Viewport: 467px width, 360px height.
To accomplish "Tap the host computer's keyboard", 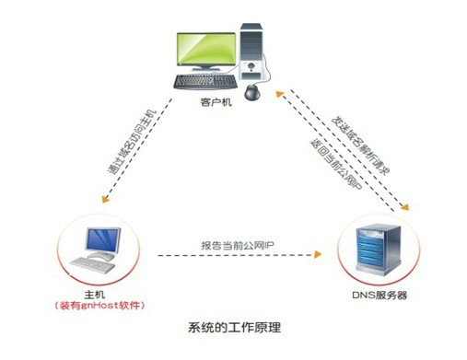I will [102, 264].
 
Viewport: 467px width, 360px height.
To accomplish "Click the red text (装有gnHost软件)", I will [109, 305].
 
